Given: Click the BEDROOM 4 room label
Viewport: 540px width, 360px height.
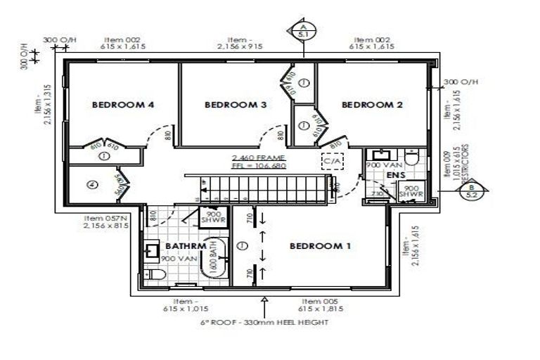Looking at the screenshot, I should coord(123,105).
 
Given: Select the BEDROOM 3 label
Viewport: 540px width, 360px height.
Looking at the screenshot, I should coord(235,105).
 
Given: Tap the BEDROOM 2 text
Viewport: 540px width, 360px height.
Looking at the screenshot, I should coord(372,105).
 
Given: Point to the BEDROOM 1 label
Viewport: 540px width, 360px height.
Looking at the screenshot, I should coord(320,246).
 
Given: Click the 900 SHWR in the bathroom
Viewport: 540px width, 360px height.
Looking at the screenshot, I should coord(211,217).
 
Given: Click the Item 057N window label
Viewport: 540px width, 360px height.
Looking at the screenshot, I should coord(105,222).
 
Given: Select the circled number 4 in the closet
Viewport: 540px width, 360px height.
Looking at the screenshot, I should coord(91,186).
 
